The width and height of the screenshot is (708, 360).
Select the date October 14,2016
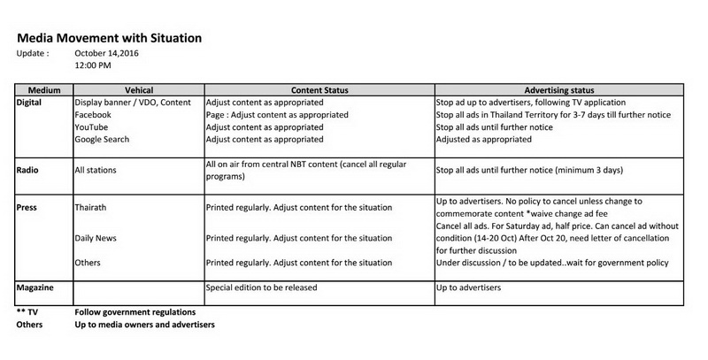coord(107,53)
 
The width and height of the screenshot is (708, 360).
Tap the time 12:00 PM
coord(93,65)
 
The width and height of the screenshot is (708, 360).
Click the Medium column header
coord(43,91)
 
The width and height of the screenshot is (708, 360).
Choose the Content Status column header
coord(319,91)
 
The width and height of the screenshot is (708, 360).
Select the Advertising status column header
coord(558,91)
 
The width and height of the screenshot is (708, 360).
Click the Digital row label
coord(30,103)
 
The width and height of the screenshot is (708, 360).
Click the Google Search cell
coord(103,140)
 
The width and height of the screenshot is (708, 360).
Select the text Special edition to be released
coord(261,289)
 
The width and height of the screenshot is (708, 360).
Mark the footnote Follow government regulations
coord(135,312)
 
